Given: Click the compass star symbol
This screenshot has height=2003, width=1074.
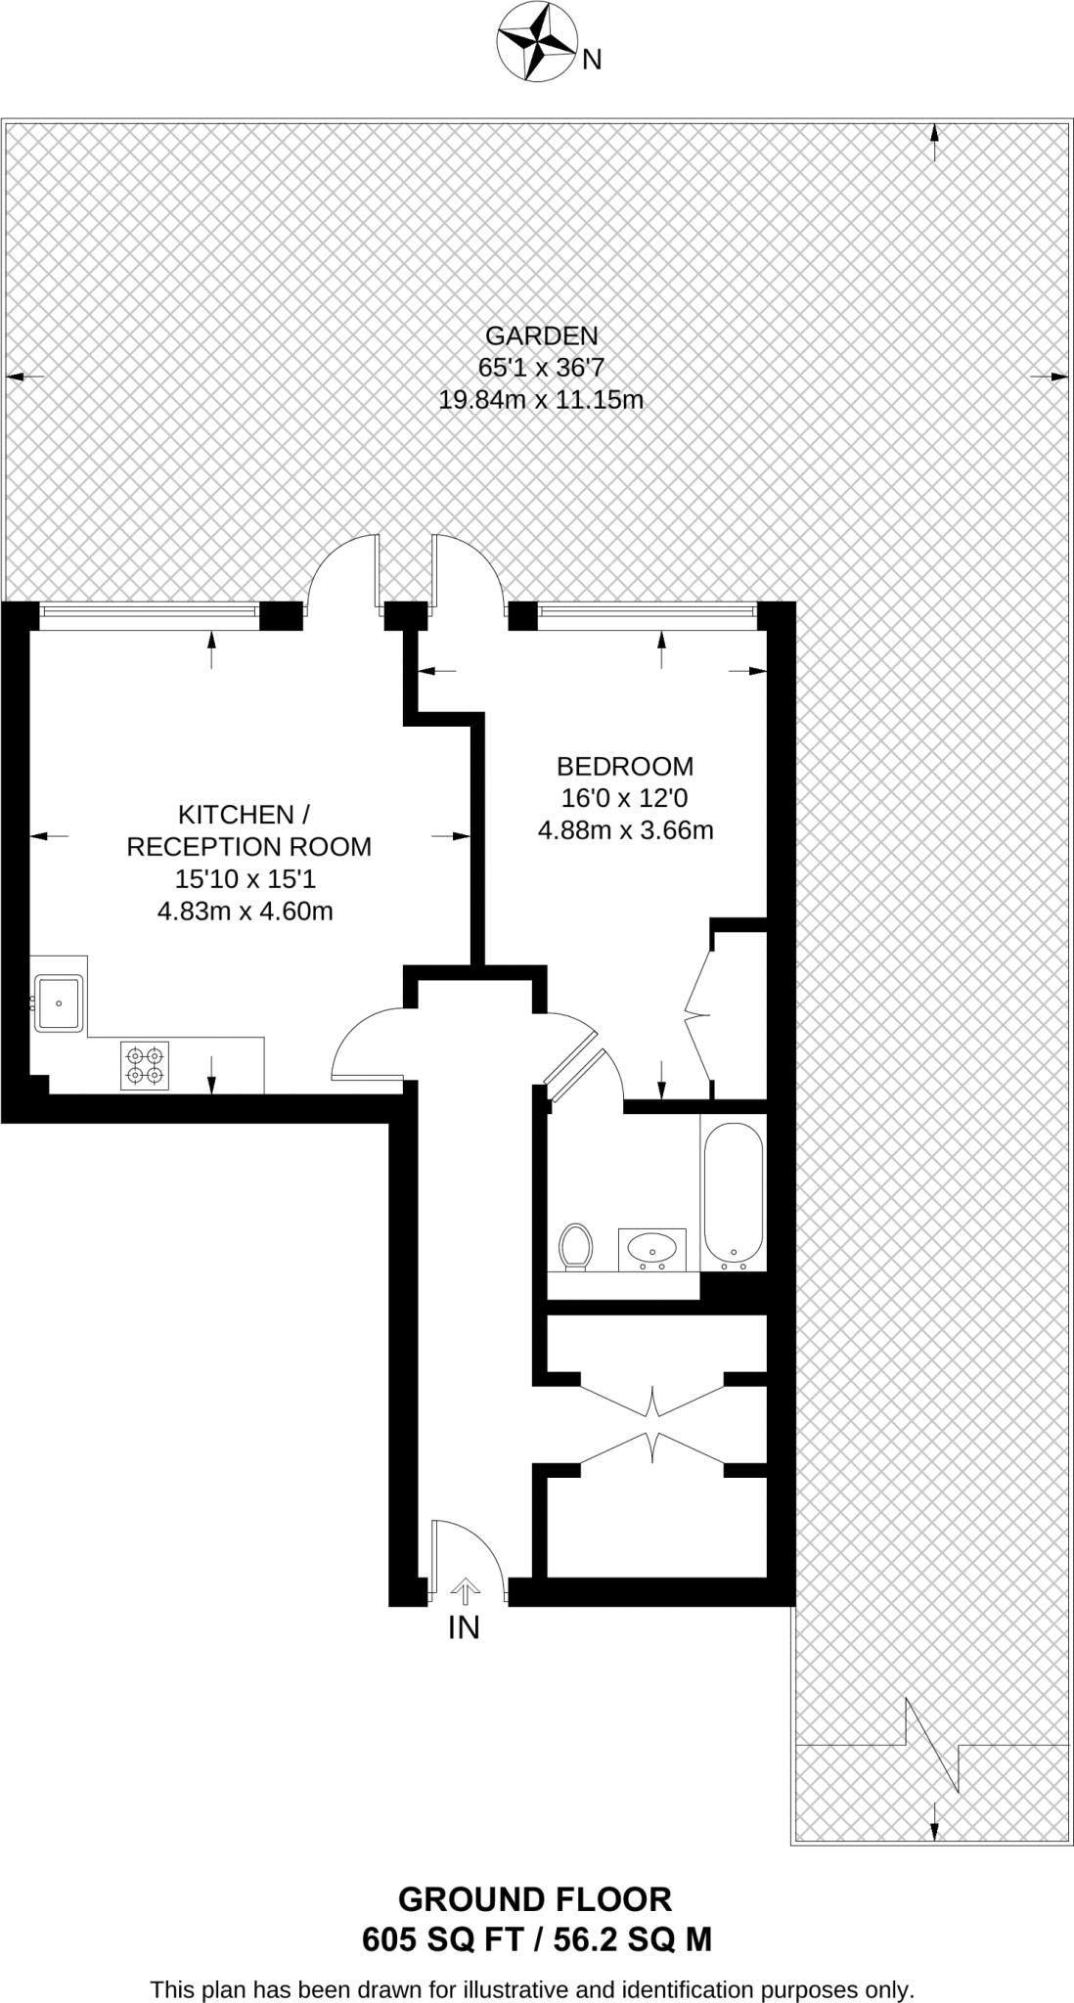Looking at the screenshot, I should tap(536, 41).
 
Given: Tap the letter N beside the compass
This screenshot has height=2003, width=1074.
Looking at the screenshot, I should tap(591, 61).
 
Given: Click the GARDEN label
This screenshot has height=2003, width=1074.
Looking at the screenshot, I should tap(541, 335).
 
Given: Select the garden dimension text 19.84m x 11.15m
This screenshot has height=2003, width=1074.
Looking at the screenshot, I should tap(541, 400).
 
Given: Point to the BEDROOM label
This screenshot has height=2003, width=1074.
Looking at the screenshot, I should tap(625, 766).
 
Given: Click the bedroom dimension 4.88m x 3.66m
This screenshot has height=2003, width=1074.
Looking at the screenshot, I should tap(625, 830).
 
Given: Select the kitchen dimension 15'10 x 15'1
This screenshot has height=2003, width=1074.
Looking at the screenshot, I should tap(246, 879).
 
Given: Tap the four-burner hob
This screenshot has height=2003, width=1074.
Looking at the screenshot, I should tap(145, 1065).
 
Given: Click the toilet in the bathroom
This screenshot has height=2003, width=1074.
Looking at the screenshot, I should tap(576, 1247).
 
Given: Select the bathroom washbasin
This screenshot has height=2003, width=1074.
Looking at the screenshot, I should tap(651, 1248).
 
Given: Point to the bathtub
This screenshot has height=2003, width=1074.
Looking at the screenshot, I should tap(733, 1195).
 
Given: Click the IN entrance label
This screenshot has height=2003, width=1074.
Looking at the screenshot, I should tap(464, 1627).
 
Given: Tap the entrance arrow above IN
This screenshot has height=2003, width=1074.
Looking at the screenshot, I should tap(466, 1591).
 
